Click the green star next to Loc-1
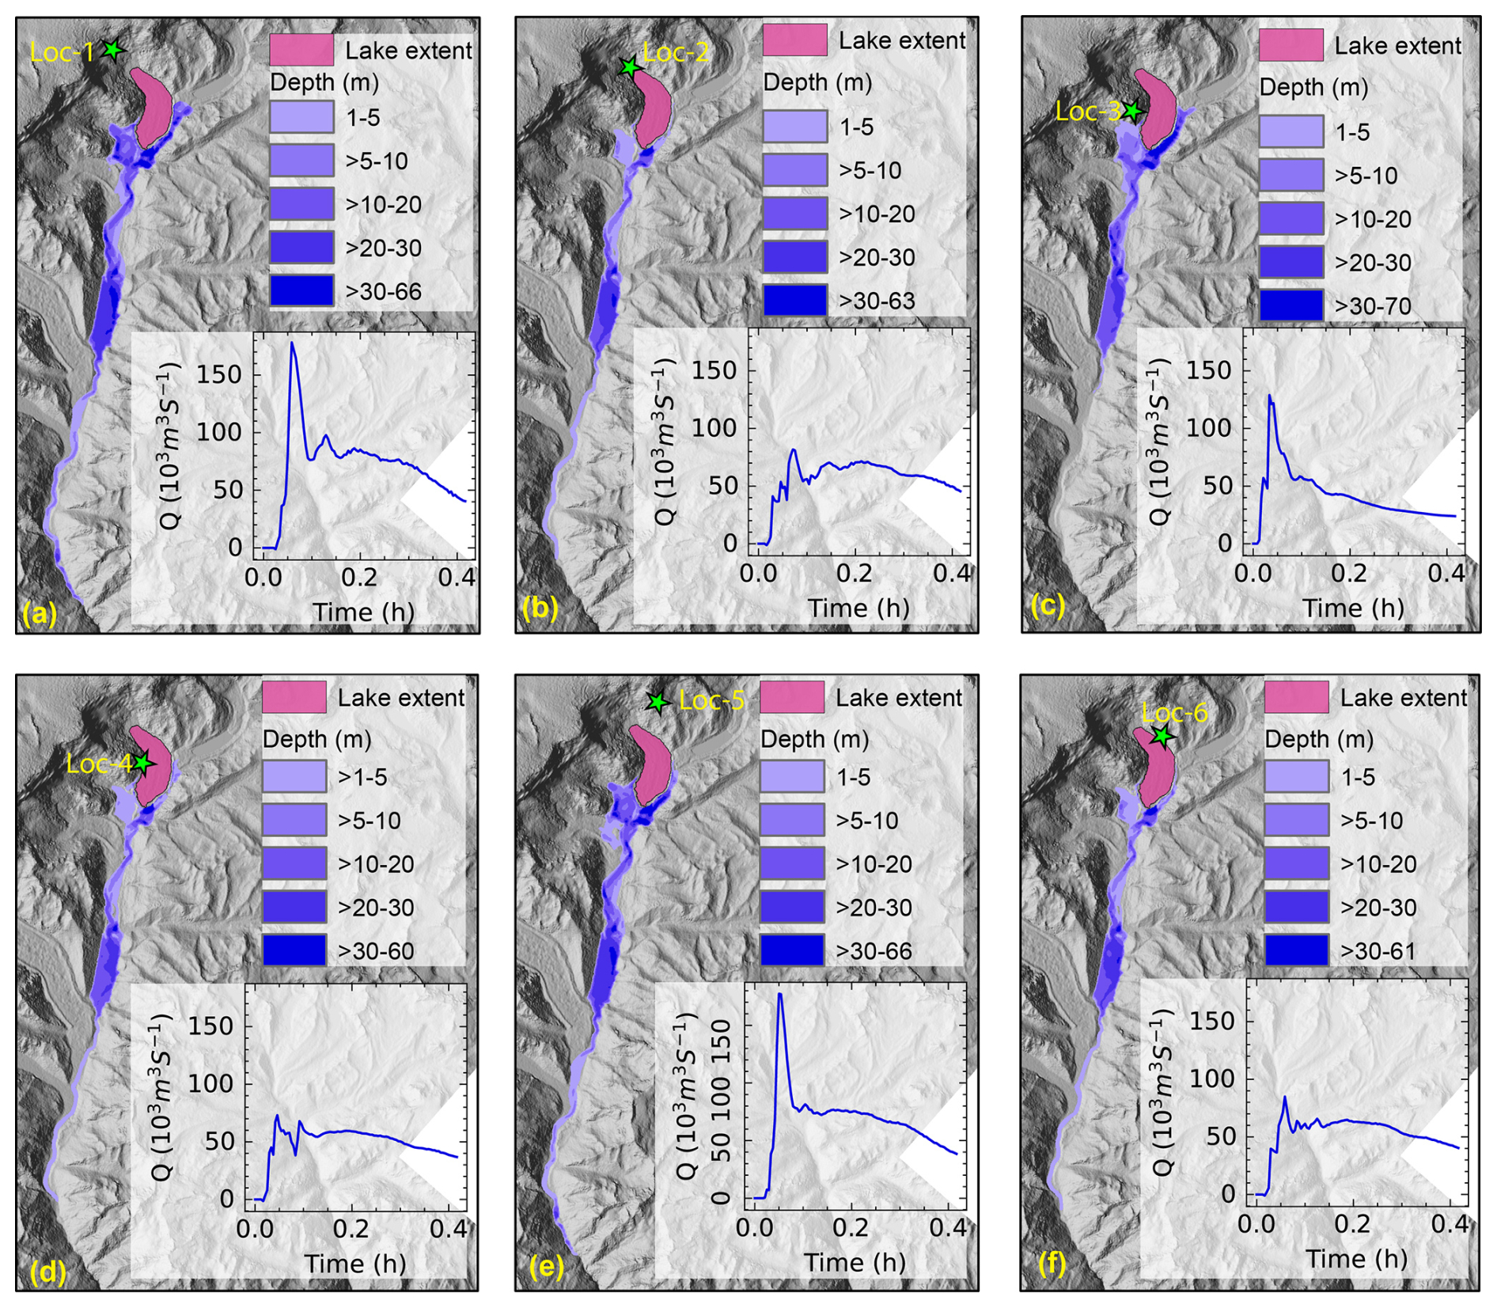click(114, 50)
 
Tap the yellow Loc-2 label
click(676, 52)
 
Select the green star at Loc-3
click(1132, 111)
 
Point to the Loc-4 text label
click(99, 764)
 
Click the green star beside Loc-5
click(657, 702)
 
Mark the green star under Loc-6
click(1162, 736)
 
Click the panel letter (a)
click(40, 613)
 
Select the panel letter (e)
click(546, 1267)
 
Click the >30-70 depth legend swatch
click(1290, 305)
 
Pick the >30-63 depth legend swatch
click(794, 301)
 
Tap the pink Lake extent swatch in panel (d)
click(294, 697)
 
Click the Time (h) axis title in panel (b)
click(858, 608)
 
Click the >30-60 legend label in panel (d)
click(376, 950)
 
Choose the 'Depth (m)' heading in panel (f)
click(1319, 739)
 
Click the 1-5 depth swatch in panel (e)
click(791, 777)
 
